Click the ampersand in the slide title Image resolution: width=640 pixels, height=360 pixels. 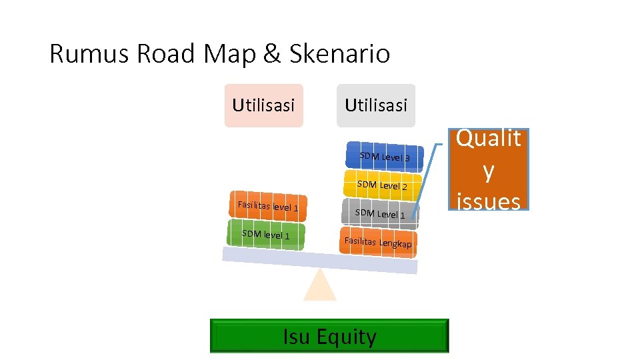[x=272, y=54]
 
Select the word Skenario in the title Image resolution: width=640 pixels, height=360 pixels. [x=339, y=54]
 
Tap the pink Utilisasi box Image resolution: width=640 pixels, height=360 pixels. [x=263, y=105]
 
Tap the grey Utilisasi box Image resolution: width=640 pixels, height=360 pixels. [x=376, y=105]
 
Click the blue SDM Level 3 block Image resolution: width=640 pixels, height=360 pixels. [x=383, y=157]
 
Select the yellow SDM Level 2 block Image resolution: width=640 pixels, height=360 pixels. [x=382, y=185]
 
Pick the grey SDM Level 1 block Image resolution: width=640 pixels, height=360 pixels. [x=380, y=214]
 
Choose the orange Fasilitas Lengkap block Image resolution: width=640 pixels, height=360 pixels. [x=378, y=243]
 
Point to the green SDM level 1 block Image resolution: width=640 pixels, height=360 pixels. [x=266, y=235]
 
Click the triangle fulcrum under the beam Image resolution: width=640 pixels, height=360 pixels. [x=320, y=287]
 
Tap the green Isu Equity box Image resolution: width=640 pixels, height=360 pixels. [x=329, y=336]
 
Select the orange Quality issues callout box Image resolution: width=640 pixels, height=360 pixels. [x=489, y=169]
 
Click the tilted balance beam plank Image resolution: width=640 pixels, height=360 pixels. [x=320, y=260]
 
